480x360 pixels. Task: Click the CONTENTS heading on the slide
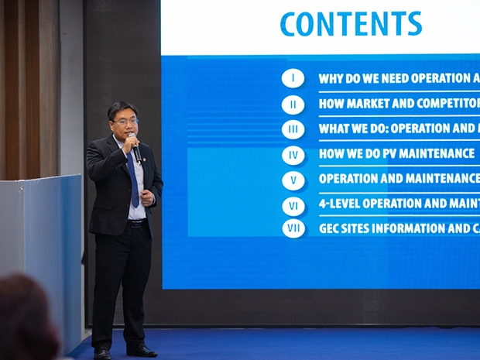[351, 23]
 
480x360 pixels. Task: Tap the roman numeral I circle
[293, 78]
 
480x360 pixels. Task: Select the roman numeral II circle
[293, 105]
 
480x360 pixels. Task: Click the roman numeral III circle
[293, 129]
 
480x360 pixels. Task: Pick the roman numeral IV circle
[293, 155]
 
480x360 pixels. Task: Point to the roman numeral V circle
[293, 180]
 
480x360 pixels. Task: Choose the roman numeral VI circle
[293, 207]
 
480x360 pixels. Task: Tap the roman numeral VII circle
[293, 228]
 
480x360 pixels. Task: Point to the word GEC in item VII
[327, 228]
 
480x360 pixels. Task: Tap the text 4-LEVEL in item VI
[339, 204]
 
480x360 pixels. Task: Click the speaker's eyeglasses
[126, 122]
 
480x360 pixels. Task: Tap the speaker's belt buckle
[136, 224]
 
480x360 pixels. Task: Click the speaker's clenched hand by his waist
[147, 197]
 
